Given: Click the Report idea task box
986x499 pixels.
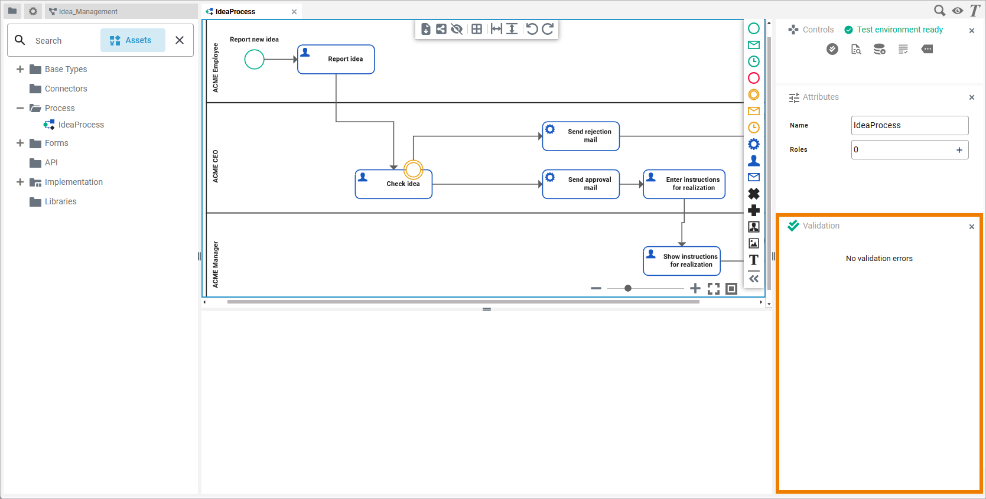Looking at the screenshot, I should click(336, 59).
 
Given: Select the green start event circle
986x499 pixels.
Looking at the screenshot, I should click(254, 59).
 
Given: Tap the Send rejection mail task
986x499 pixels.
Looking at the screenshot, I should click(581, 136).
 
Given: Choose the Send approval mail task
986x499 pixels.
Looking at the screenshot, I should click(581, 184).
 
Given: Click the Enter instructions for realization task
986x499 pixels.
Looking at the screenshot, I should click(684, 184).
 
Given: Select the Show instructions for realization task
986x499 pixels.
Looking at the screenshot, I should click(682, 260).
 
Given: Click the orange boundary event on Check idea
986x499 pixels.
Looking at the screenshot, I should click(414, 170).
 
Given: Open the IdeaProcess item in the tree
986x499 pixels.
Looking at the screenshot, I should click(81, 125).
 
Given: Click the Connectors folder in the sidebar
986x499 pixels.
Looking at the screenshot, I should click(66, 89).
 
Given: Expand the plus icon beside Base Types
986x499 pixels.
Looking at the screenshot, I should click(20, 69).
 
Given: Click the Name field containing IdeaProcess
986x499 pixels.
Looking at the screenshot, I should click(909, 125).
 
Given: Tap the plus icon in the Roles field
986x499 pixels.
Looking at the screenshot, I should click(959, 150).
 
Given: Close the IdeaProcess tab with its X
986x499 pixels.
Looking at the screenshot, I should click(294, 12).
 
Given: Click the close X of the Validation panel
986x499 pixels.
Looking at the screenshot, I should click(972, 227).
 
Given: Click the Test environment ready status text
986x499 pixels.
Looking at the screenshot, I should click(900, 30).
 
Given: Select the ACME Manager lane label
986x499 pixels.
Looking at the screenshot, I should click(216, 264).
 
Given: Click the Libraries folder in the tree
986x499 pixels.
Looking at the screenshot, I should click(60, 201).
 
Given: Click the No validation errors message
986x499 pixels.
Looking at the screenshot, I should click(879, 259).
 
